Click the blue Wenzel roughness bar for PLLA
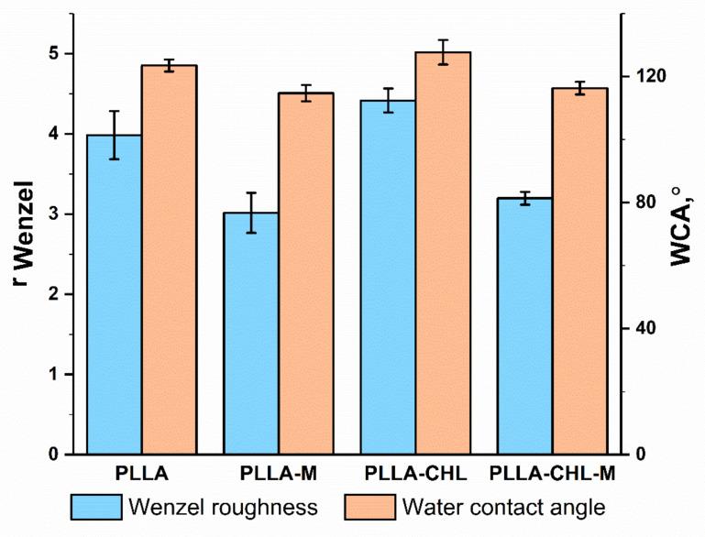click(114, 294)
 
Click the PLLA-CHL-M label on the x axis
click(553, 475)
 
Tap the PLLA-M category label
click(278, 475)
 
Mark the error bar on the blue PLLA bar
click(114, 135)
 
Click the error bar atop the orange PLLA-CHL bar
click(443, 52)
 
